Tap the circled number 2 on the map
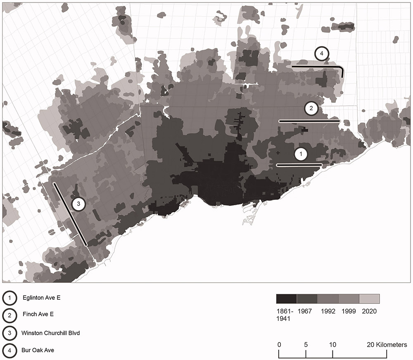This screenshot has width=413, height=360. point(311,109)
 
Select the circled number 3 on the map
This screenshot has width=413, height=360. point(78,204)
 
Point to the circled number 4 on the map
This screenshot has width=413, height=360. point(321,54)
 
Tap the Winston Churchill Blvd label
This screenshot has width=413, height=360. point(50,332)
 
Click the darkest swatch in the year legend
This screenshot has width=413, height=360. point(286,298)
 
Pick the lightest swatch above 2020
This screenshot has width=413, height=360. point(369,298)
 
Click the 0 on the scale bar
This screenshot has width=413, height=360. point(280,345)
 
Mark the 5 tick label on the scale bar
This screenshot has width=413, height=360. point(306,345)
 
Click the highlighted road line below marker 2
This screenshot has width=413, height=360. point(309,121)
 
